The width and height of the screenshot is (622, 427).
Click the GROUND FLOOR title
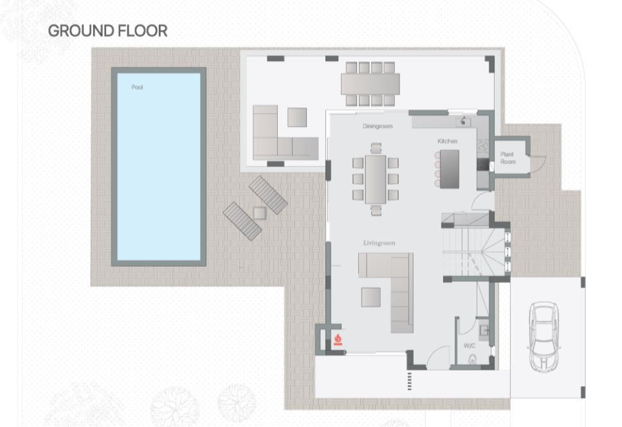[x=107, y=31]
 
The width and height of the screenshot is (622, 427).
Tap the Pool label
[x=137, y=87]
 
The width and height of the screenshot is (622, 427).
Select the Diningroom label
[x=378, y=126]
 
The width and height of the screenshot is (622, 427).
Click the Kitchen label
[x=448, y=141]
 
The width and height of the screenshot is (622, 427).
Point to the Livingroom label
[x=380, y=243]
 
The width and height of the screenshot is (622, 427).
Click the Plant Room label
[x=508, y=158]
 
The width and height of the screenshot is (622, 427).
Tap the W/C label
[x=470, y=346]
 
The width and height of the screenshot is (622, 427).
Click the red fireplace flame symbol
[x=338, y=340]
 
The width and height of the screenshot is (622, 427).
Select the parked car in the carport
[x=544, y=336]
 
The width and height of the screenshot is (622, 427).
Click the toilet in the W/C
[x=473, y=359]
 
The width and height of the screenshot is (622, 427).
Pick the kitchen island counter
[x=450, y=169]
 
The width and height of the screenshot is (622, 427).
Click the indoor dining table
[x=376, y=179]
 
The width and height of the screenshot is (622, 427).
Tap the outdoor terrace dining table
[x=370, y=84]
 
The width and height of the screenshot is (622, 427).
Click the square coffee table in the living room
[x=371, y=297]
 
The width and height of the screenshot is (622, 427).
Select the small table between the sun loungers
[x=260, y=213]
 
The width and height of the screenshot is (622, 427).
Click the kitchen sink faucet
[x=463, y=121]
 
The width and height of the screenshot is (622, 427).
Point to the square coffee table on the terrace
[x=297, y=117]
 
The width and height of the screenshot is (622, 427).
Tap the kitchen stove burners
[x=483, y=145]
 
